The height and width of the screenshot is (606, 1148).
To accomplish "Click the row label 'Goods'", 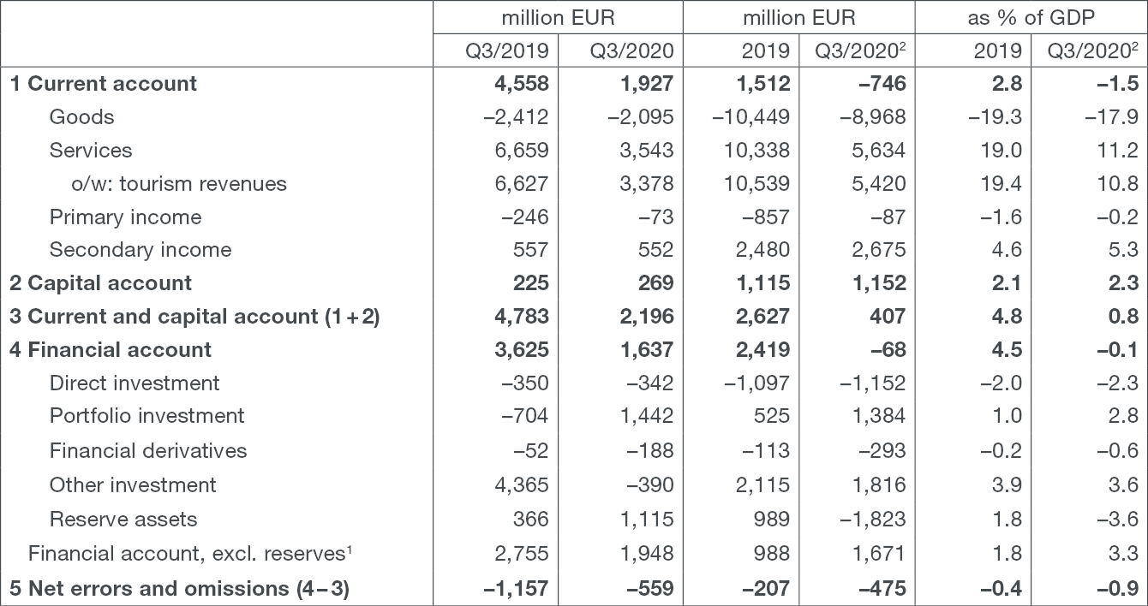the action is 81,117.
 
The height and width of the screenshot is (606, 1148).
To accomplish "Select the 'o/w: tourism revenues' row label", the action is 179,184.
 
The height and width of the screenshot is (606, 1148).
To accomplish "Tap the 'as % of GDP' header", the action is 1031,18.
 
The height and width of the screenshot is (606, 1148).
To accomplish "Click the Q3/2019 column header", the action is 507,50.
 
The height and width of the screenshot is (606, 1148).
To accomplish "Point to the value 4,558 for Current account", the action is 522,83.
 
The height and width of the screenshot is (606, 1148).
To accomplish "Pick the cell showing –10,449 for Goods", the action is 750,117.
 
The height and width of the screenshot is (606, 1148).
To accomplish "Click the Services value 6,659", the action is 522,151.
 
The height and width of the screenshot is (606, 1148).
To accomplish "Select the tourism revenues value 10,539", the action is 756,184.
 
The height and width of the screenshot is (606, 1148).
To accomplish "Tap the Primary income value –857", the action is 766,217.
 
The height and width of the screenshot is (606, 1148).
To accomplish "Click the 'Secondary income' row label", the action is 141,250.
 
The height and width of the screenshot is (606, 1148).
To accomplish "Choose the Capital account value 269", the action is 656,283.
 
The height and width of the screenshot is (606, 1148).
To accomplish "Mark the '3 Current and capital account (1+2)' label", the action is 194,317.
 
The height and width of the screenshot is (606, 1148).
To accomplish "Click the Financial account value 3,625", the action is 522,350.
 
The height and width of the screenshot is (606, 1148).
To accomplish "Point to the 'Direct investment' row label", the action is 135,383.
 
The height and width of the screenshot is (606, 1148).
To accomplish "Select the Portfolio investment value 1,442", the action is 647,416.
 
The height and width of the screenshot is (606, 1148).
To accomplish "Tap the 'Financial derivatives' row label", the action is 148,451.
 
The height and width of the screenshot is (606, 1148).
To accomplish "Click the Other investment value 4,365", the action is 522,485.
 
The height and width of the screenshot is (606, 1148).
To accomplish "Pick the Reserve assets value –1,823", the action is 873,520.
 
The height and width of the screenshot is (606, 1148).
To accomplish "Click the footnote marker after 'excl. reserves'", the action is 349,550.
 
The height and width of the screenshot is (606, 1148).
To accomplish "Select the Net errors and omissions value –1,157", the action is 516,589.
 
